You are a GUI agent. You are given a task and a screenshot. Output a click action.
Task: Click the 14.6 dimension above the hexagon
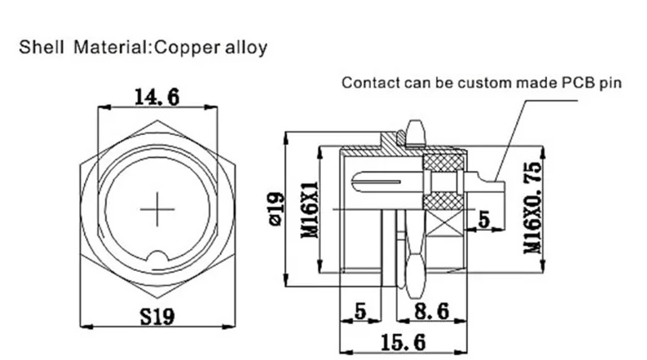click(157, 97)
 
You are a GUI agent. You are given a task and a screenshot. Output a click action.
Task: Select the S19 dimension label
click(157, 317)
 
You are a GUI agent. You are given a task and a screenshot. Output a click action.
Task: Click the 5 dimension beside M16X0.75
click(483, 220)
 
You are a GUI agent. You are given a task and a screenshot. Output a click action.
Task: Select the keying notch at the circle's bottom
click(156, 257)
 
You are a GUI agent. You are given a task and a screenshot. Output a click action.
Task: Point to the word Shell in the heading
click(39, 47)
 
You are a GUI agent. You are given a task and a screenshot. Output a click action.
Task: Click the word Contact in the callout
click(367, 83)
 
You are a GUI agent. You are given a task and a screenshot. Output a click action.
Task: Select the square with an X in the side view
click(440, 220)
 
